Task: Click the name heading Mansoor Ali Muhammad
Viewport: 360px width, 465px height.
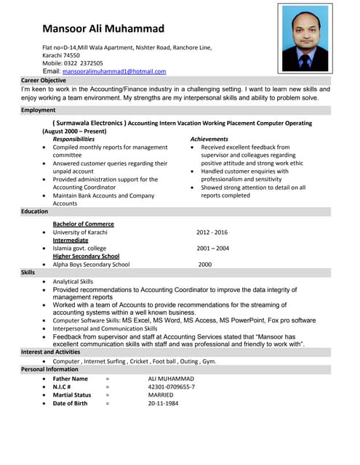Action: click(103, 28)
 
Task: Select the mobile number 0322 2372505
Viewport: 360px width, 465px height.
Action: click(81, 63)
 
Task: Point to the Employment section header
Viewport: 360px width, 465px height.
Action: click(38, 110)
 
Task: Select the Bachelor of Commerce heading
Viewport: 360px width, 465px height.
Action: click(83, 224)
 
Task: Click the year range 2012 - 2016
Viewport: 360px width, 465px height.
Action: click(212, 232)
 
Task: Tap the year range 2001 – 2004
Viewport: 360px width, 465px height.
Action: click(212, 248)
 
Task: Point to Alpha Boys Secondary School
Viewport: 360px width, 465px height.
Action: click(91, 264)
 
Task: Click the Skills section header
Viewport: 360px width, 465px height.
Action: click(28, 272)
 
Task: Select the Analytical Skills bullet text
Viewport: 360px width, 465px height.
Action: click(73, 281)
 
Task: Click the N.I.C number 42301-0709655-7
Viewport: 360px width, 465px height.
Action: click(171, 387)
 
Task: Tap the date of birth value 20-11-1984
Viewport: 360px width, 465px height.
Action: click(164, 403)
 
